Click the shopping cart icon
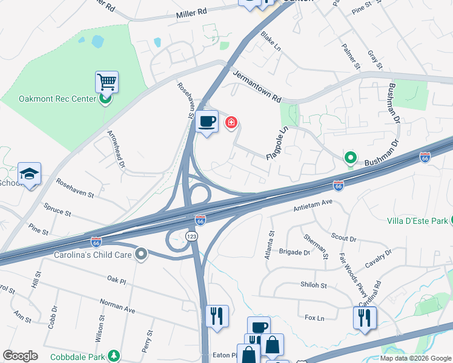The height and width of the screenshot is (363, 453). pyautogui.click(x=107, y=82)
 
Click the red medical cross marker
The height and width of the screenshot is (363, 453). pyautogui.click(x=231, y=123)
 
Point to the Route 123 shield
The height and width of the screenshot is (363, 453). pyautogui.click(x=191, y=236)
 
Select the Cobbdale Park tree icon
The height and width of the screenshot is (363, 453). pyautogui.click(x=112, y=355)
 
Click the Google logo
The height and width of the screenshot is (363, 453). pyautogui.click(x=20, y=356)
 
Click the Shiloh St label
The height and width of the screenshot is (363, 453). pyautogui.click(x=315, y=286)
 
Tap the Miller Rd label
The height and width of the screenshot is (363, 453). pyautogui.click(x=191, y=12)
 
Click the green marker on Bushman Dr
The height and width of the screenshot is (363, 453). pyautogui.click(x=350, y=159)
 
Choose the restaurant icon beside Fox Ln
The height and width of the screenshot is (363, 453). pyautogui.click(x=365, y=318)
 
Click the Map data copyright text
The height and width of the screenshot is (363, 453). pyautogui.click(x=415, y=358)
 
